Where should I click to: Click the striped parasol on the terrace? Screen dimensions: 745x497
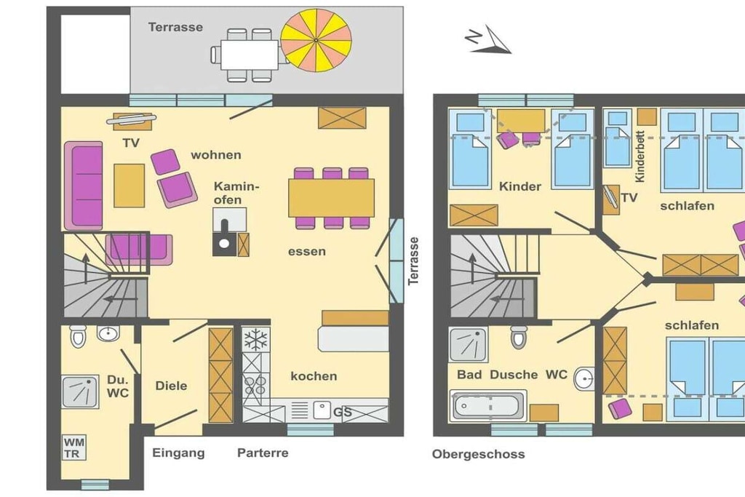tap(316, 41)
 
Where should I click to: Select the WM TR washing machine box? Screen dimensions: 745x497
tap(73, 448)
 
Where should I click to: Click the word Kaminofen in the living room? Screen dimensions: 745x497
tap(236, 193)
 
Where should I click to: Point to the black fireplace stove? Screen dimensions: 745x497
tap(225, 237)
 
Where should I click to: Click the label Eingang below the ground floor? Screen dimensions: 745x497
tap(178, 453)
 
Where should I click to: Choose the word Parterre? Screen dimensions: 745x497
tap(263, 453)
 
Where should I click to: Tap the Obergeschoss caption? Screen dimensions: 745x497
tap(479, 454)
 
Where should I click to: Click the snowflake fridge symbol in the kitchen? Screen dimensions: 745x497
tap(255, 340)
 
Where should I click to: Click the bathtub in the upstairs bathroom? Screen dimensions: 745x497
tap(488, 406)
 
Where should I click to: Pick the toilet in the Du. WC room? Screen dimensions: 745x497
tap(77, 336)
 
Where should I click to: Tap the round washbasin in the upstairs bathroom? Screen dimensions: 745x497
tap(584, 379)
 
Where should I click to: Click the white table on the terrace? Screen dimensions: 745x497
tap(249, 55)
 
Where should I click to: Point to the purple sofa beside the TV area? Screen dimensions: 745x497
tap(84, 186)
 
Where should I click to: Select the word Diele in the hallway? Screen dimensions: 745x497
tap(171, 386)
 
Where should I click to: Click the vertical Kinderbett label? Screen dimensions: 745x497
tap(640, 156)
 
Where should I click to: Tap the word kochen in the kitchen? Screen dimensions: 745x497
tap(314, 376)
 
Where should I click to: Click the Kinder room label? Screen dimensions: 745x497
tap(519, 186)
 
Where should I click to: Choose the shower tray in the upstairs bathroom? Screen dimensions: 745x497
tap(469, 344)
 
